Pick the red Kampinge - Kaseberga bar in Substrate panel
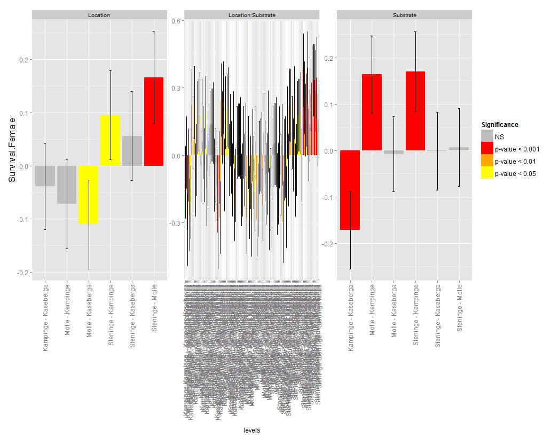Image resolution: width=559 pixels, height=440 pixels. tap(350, 190)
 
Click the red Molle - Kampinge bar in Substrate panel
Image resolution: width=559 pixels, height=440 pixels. tap(372, 112)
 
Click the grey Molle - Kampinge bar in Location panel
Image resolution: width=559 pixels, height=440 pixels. tap(67, 185)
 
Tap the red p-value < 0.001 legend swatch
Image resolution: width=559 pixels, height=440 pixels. tap(487, 149)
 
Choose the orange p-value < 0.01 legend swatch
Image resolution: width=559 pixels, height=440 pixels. tap(487, 161)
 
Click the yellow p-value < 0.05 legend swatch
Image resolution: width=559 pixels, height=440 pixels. tap(487, 173)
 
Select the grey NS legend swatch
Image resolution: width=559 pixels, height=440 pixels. tap(487, 137)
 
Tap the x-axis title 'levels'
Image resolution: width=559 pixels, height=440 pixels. tap(251, 430)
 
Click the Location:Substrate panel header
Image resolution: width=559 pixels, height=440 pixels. tap(251, 15)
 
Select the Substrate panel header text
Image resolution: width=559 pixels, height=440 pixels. tap(404, 15)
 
